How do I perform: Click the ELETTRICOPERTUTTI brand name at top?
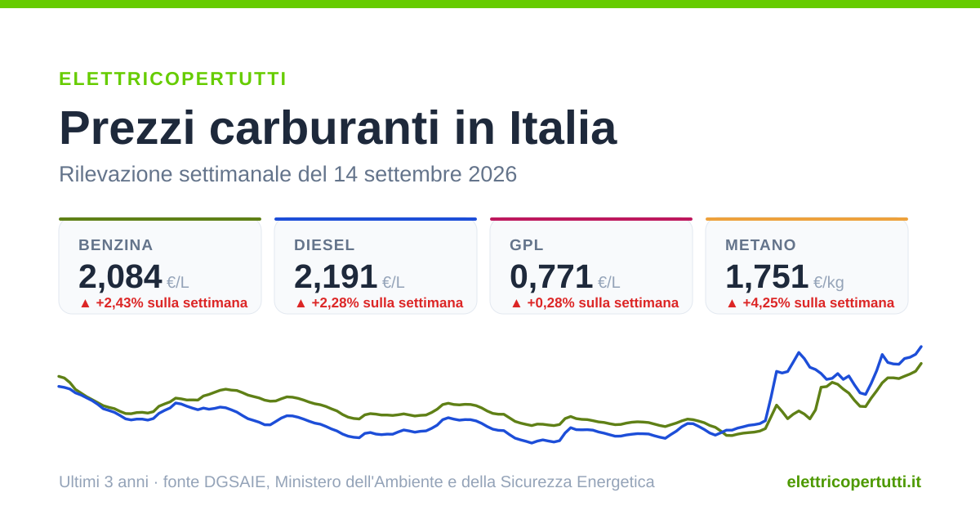pyautogui.click(x=173, y=78)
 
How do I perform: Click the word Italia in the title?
pyautogui.click(x=563, y=128)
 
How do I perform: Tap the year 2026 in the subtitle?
pyautogui.click(x=492, y=174)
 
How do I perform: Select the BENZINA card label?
pyautogui.click(x=115, y=244)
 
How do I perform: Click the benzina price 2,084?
pyautogui.click(x=120, y=277)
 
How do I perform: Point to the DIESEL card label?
pyautogui.click(x=324, y=244)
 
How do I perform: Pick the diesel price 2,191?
pyautogui.click(x=336, y=277)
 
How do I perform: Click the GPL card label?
pyautogui.click(x=526, y=244)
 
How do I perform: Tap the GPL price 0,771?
pyautogui.click(x=551, y=277)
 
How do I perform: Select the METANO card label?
pyautogui.click(x=760, y=244)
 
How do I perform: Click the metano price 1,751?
pyautogui.click(x=767, y=277)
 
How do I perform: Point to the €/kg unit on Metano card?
pyautogui.click(x=829, y=283)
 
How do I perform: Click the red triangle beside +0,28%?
pyautogui.click(x=516, y=303)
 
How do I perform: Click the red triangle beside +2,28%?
pyautogui.click(x=301, y=303)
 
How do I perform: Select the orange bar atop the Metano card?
pyautogui.click(x=807, y=219)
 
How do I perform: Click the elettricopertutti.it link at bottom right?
pyautogui.click(x=854, y=481)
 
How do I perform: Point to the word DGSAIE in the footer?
pyautogui.click(x=236, y=481)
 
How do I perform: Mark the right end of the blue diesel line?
pyautogui.click(x=921, y=347)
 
